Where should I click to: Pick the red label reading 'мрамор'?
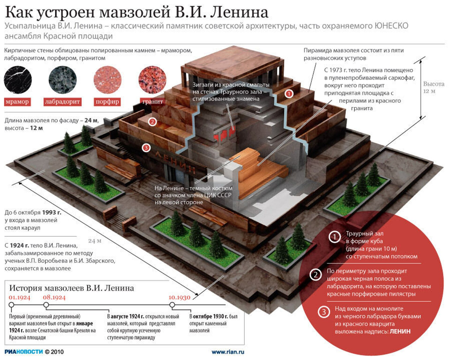click(18, 102)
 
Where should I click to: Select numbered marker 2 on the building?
click(152, 121)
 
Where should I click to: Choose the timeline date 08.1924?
click(54, 297)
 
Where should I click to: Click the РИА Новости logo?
click(23, 352)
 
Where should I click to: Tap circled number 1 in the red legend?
click(333, 237)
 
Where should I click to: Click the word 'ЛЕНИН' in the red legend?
click(400, 331)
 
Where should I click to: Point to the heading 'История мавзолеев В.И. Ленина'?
click(72, 288)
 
